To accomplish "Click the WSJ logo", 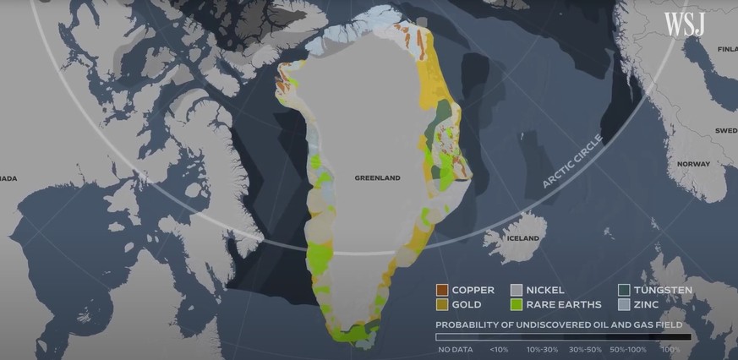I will [684, 24].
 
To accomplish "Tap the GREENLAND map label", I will [377, 178].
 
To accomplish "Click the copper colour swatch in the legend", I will [441, 291].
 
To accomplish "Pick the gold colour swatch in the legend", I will [441, 304].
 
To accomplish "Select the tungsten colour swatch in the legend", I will [623, 291].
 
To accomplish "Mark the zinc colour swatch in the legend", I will [623, 304].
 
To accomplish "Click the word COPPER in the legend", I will [473, 291].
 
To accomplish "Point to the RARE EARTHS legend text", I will [563, 304].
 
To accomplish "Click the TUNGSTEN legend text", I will [664, 291].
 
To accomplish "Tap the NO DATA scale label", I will [455, 348].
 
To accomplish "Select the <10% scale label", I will [499, 348].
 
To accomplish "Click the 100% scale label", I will [670, 348].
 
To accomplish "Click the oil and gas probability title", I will [559, 325].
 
